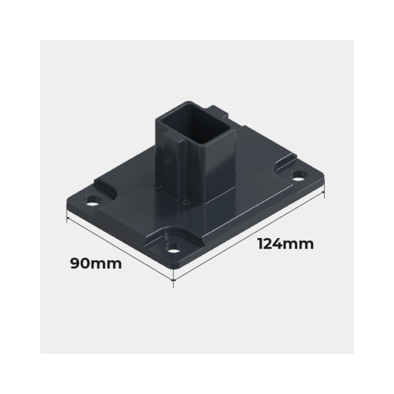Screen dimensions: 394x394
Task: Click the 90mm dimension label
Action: pos(96,263)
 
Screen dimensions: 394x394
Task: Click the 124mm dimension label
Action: pos(286,244)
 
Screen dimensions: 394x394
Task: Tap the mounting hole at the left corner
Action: pos(93,201)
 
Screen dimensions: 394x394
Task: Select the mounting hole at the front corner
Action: pos(174,248)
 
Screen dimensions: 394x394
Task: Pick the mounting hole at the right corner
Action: pos(298,175)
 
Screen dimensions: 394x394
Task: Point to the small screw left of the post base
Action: pos(158,186)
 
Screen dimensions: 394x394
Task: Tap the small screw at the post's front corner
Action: pos(186,201)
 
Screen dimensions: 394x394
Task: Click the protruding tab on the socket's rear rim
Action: pos(218,111)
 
